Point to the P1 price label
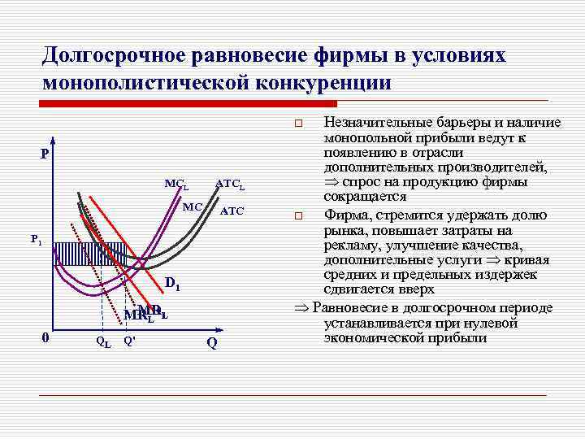pyautogui.click(x=37, y=240)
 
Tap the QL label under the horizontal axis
pyautogui.click(x=103, y=342)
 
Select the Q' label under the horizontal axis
pyautogui.click(x=128, y=341)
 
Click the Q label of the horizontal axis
pyautogui.click(x=211, y=343)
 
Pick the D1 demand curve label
pyautogui.click(x=173, y=285)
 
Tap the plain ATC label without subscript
pyautogui.click(x=232, y=211)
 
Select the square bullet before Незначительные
pyautogui.click(x=298, y=124)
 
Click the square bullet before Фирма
pyautogui.click(x=298, y=216)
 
